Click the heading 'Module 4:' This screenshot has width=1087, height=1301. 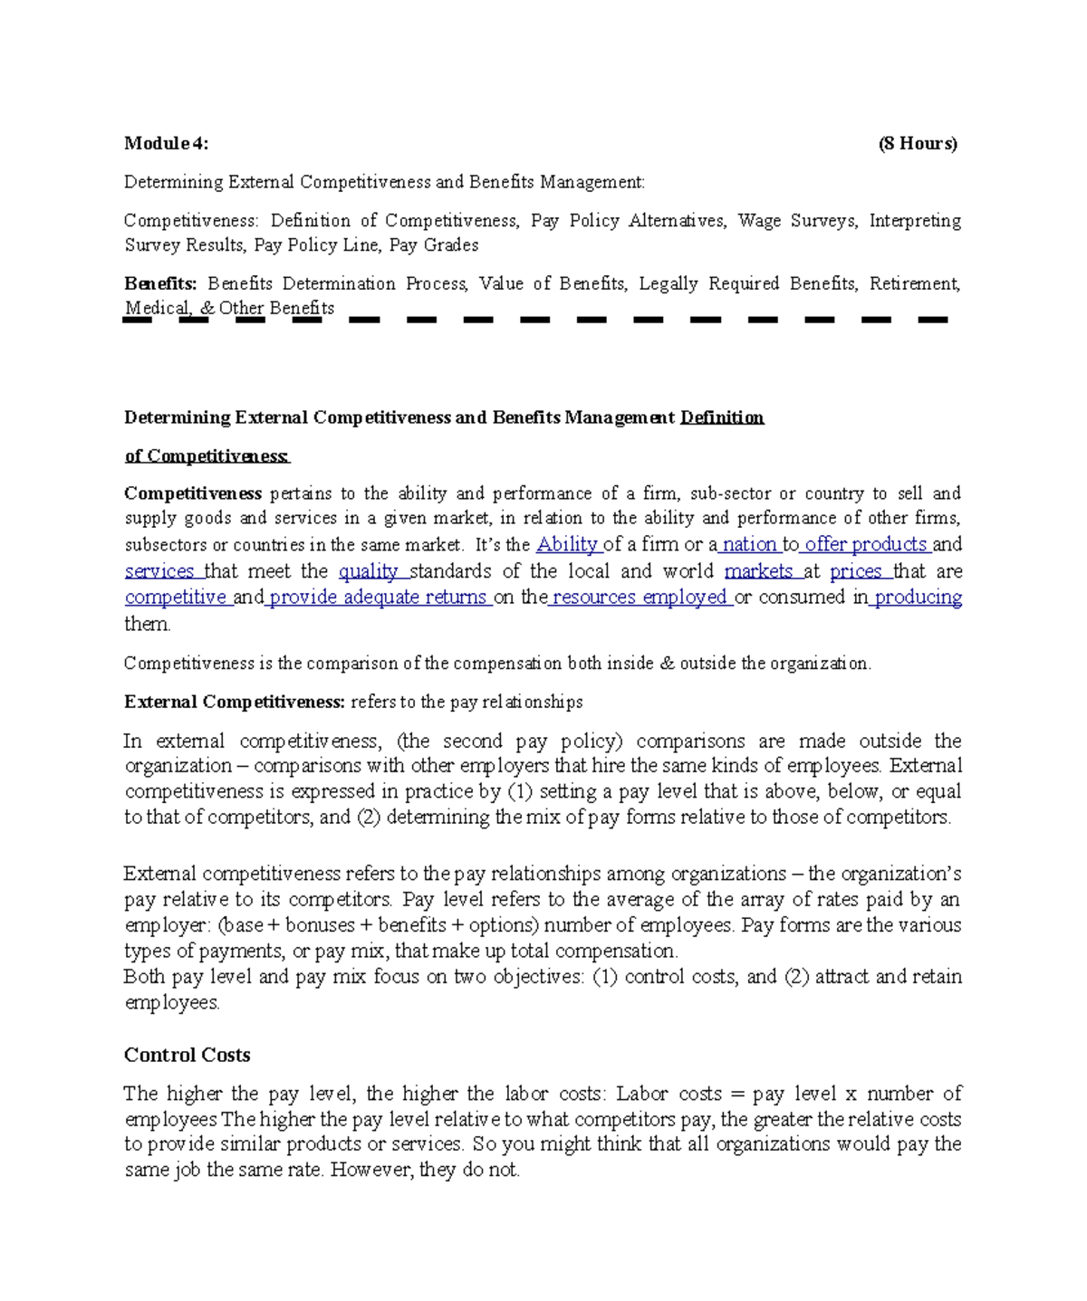[x=166, y=143]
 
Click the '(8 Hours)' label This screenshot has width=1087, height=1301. [x=917, y=143]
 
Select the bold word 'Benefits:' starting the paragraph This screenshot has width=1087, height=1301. [x=159, y=283]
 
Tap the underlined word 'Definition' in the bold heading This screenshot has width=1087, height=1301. [x=721, y=417]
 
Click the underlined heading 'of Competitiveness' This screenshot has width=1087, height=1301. [x=207, y=456]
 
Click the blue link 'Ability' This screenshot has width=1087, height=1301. [x=567, y=544]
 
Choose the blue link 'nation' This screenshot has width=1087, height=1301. [x=748, y=544]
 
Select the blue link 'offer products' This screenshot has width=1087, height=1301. [x=865, y=544]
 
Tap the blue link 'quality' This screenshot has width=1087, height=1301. [x=369, y=571]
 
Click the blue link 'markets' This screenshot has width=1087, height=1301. [x=758, y=571]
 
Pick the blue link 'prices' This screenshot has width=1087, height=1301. [x=856, y=571]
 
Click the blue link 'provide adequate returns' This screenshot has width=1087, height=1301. [x=378, y=598]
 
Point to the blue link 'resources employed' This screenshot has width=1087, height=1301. [x=640, y=598]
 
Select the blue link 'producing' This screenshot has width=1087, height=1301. [x=917, y=598]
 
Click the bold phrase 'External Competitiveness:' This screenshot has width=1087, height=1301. [x=234, y=702]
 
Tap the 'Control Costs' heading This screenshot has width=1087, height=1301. [x=187, y=1055]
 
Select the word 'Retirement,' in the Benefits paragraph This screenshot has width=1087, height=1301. [x=915, y=283]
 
